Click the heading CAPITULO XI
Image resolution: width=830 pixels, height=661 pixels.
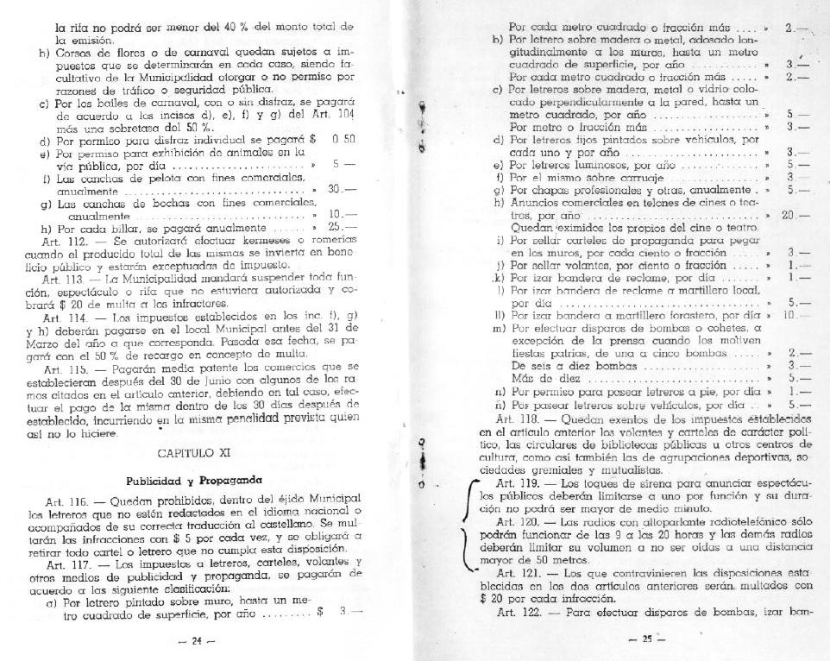tap(192, 453)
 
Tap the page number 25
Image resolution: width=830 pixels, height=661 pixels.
tap(646, 639)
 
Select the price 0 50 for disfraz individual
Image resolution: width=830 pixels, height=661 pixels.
tap(343, 138)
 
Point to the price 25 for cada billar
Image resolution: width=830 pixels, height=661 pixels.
tap(338, 228)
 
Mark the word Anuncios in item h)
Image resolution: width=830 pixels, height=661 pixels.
tap(540, 203)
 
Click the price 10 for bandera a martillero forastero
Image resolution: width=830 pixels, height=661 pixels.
tap(788, 316)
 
